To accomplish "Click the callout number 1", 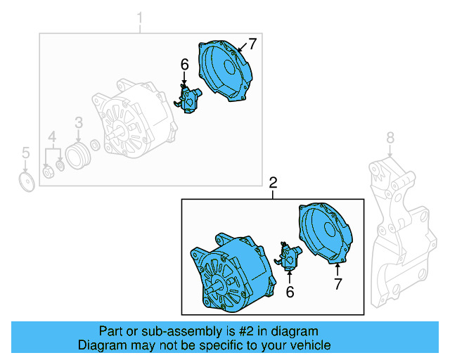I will pos(139,17).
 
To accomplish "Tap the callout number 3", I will pos(79,123).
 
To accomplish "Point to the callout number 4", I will pos(52,136).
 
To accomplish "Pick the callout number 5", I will pos(25,153).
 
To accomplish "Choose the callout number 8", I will pos(391,137).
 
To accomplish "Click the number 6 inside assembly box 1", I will pos(184,65).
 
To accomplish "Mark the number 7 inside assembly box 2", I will pos(337,284).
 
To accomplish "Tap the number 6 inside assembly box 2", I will pos(289,290).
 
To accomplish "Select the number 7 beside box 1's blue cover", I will pos(252,44).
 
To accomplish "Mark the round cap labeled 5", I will pos(26,181).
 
